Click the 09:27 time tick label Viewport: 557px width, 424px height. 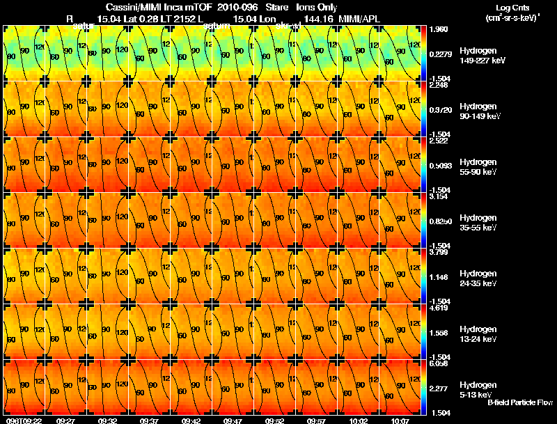66,421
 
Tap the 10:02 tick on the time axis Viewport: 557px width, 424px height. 359,421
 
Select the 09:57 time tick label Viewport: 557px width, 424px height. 317,421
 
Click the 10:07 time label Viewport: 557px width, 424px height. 400,421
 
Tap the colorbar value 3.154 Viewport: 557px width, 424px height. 439,197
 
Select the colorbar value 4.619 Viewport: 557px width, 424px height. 439,308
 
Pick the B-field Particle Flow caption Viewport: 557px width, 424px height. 520,402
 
